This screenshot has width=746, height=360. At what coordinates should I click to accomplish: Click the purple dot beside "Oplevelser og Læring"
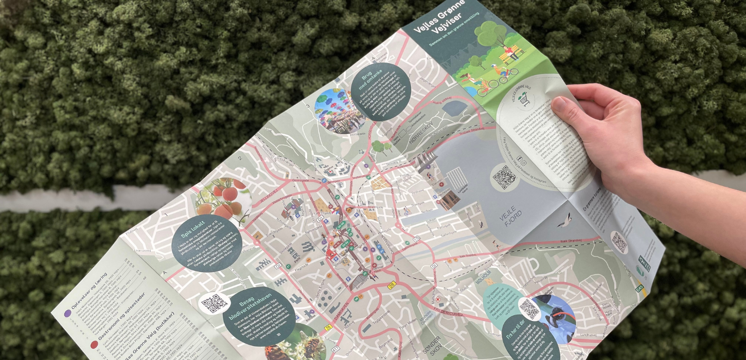click(68, 312)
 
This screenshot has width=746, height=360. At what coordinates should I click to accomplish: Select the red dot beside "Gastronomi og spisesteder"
click(94, 345)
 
